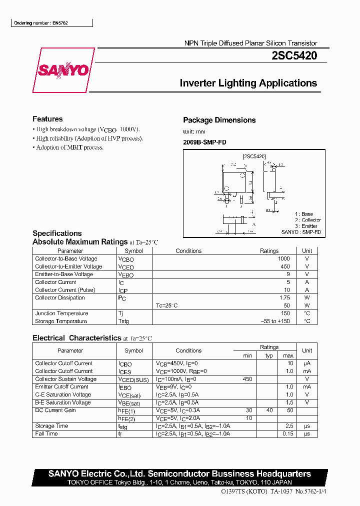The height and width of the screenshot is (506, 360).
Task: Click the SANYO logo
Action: coord(63,70)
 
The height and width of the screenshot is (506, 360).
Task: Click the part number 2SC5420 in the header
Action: coord(293,56)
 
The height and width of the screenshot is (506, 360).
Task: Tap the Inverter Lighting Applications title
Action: coord(248,83)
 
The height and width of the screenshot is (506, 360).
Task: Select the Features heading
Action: coord(47,119)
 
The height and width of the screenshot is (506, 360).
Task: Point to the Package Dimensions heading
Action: coord(219,120)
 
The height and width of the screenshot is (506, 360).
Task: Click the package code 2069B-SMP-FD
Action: coord(204,142)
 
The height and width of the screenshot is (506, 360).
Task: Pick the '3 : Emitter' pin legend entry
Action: coord(306,226)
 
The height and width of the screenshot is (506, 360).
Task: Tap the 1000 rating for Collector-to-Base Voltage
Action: coord(283,259)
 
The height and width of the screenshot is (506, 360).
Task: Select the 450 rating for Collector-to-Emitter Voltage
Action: coord(285,266)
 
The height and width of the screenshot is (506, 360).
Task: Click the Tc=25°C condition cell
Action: coord(166,305)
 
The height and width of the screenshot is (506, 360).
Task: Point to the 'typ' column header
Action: coord(269,355)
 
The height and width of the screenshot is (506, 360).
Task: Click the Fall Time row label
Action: coord(46,434)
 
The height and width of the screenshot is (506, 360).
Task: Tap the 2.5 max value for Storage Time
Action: coord(289,426)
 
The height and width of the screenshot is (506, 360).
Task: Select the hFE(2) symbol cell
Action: coord(127,418)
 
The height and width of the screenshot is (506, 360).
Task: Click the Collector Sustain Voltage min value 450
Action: coord(247,379)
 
